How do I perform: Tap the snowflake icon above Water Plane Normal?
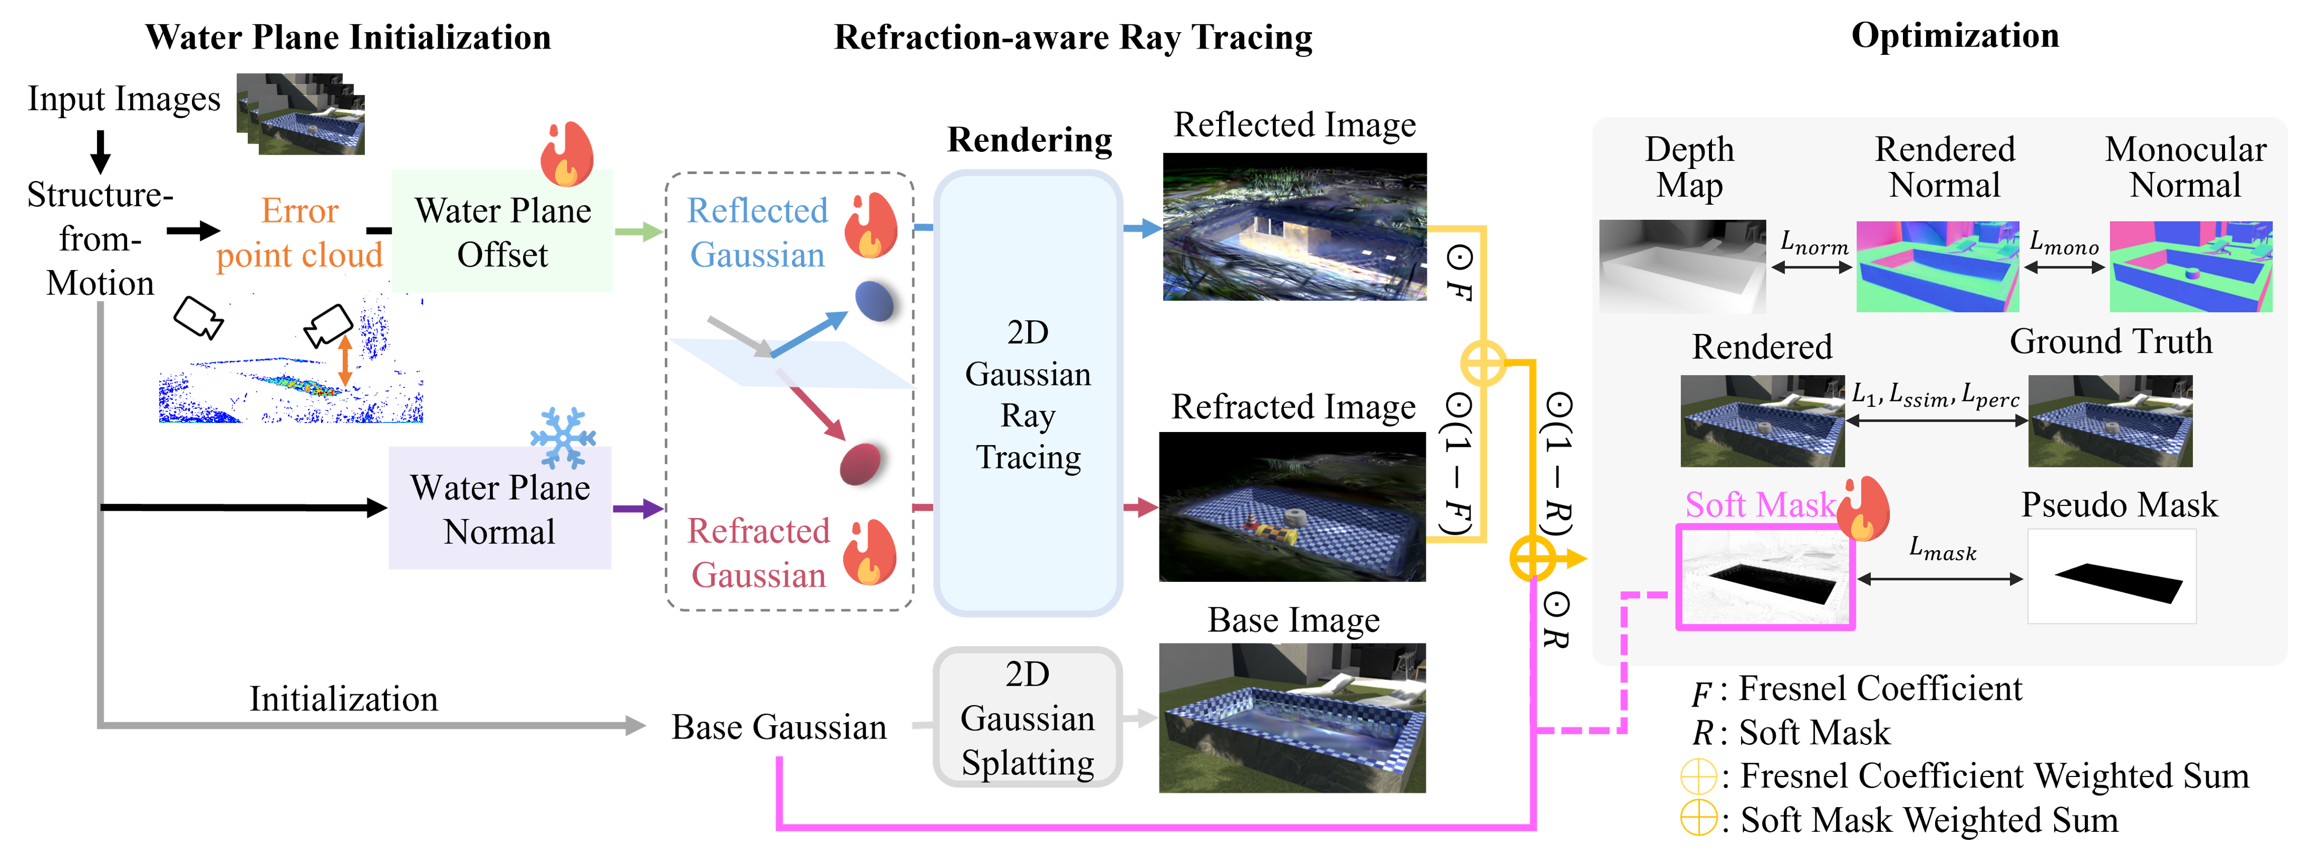pos(563,437)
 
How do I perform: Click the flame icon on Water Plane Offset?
pos(566,153)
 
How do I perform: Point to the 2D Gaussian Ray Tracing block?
pos(1028,393)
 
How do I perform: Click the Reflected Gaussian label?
pos(757,233)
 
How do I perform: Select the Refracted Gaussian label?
pos(758,552)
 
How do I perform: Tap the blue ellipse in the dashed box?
pos(873,301)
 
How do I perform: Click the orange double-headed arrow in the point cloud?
pos(344,360)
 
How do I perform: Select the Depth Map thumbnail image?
pos(1681,266)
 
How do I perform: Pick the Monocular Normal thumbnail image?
pos(2190,266)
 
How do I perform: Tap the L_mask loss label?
pos(1942,549)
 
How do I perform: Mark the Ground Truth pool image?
pos(2109,421)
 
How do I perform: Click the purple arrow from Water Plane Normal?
pos(637,509)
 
